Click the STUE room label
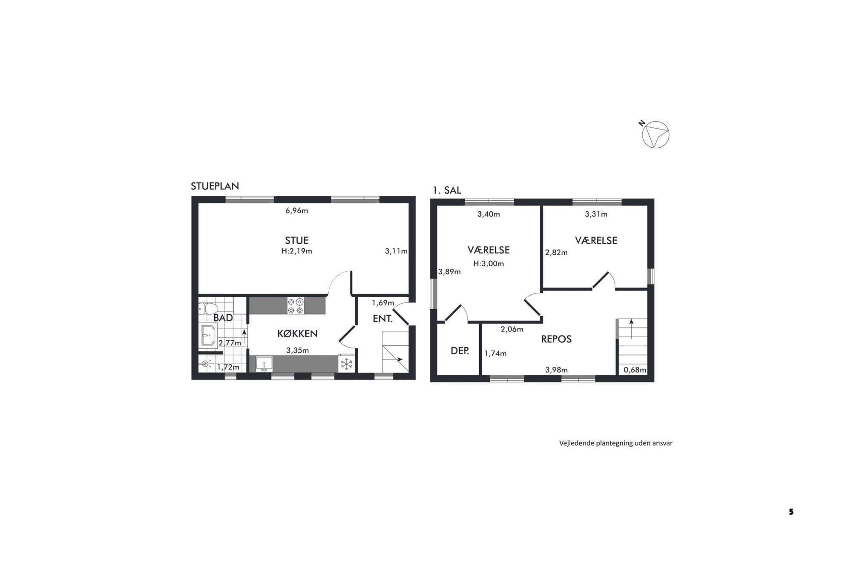296,240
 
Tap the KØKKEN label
297,334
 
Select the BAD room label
223,318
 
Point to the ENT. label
382,319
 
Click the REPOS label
556,339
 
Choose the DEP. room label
460,351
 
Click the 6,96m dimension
297,210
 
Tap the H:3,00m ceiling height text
489,264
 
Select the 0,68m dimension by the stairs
635,370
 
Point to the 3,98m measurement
557,370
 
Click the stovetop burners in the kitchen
296,306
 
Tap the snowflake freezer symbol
347,364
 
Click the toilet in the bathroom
208,308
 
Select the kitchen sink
264,364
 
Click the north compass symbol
655,135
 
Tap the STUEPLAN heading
215,186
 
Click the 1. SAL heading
447,190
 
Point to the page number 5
791,512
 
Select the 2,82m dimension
556,253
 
